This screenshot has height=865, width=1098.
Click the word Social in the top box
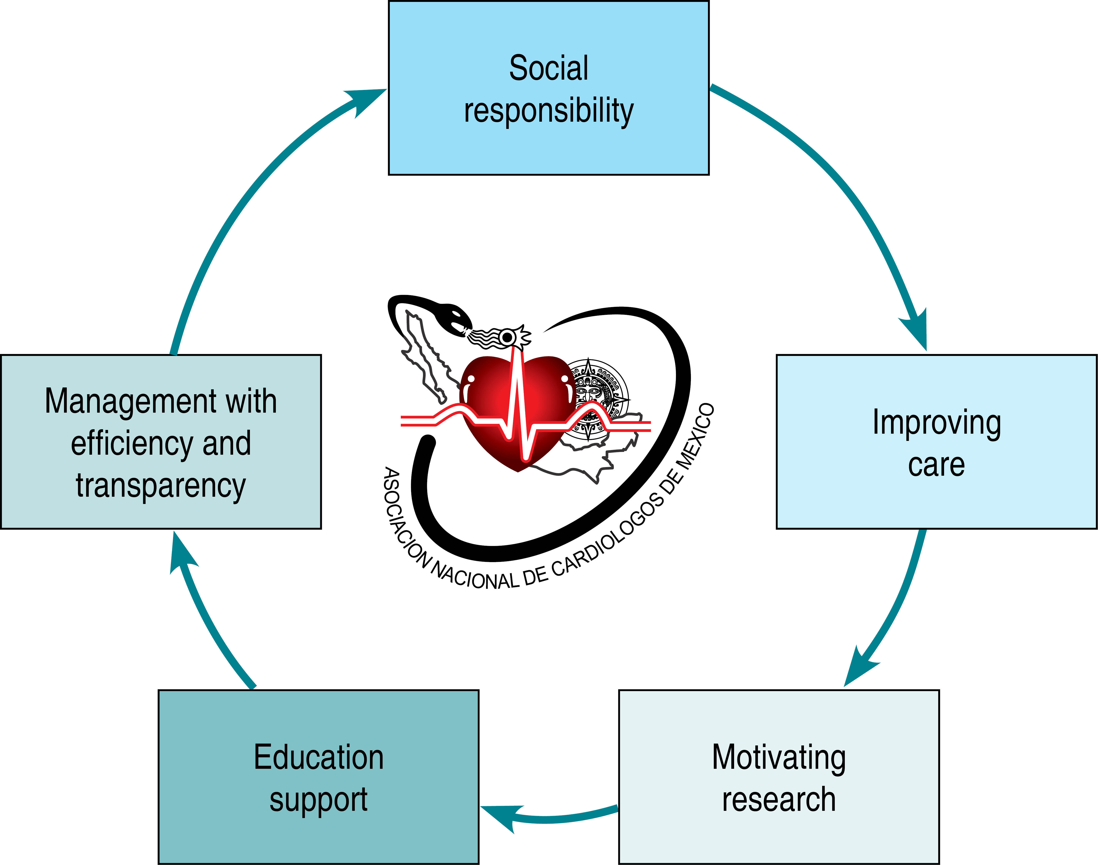click(x=548, y=68)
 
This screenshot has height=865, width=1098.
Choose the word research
click(x=778, y=800)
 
